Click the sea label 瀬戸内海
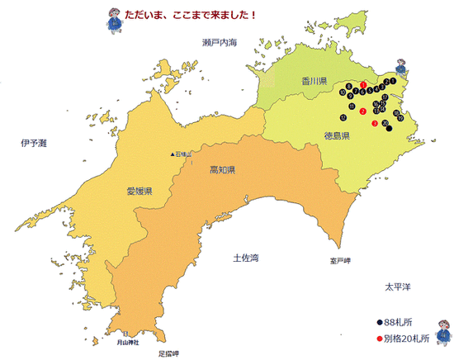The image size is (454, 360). coord(219,41)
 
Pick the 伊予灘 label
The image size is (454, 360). coord(34,143)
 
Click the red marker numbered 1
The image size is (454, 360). coord(364,85)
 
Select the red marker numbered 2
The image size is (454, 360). coord(363,111)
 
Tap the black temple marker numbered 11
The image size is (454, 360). coord(353,107)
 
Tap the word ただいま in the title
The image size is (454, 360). coord(141,16)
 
